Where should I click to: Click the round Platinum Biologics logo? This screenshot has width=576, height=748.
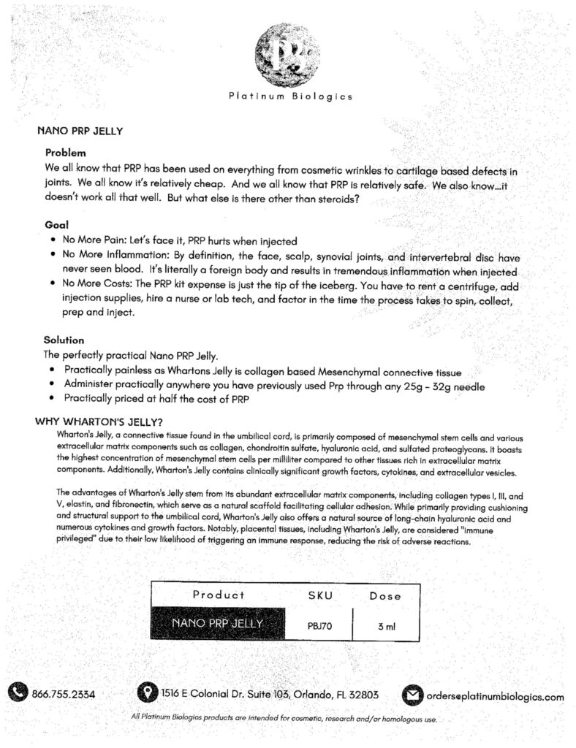coord(288,54)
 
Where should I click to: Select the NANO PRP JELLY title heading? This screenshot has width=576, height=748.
coord(80,132)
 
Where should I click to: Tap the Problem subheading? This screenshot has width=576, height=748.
coord(66,153)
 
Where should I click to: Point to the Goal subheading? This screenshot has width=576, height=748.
coord(56,226)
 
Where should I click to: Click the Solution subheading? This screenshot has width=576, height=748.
coord(64,340)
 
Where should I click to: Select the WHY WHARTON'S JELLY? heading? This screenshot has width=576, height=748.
coord(99,421)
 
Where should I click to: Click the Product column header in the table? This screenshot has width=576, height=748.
coord(219,595)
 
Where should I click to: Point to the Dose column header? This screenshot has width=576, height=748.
coord(385,595)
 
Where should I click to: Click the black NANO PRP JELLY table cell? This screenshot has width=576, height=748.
coord(217,624)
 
